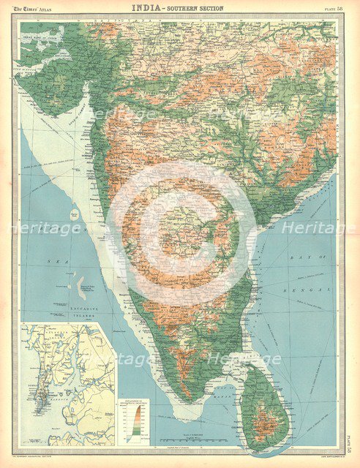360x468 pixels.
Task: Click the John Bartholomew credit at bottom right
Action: tap(322, 447)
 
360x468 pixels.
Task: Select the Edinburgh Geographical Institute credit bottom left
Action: tap(44, 447)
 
